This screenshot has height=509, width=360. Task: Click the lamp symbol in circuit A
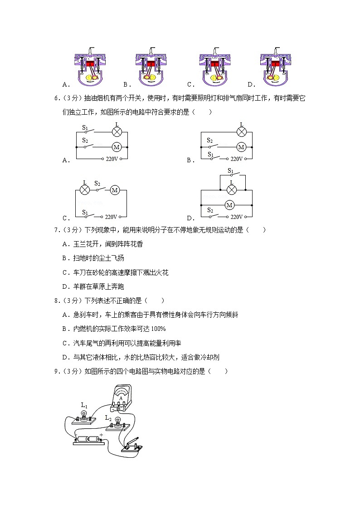click(117, 132)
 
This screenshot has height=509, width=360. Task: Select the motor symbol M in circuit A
click(117, 147)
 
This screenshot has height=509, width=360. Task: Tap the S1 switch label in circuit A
click(85, 128)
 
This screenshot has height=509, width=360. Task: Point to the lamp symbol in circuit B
click(242, 132)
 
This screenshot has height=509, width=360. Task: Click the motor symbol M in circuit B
click(241, 147)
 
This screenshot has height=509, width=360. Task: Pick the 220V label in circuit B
click(237, 159)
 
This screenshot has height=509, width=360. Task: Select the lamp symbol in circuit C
click(84, 190)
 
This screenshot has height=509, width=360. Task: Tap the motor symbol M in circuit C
click(115, 190)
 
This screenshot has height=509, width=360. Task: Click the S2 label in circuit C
click(97, 184)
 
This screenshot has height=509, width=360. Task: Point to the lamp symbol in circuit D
click(232, 189)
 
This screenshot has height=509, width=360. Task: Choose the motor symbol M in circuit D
click(229, 205)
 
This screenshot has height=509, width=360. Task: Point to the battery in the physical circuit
click(88, 440)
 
